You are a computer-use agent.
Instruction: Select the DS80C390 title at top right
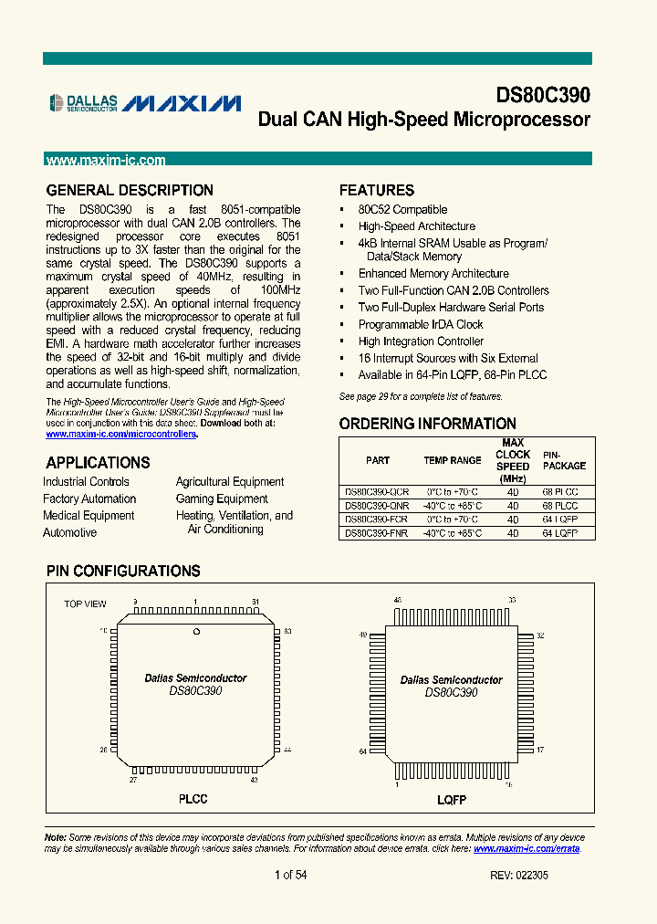tap(543, 96)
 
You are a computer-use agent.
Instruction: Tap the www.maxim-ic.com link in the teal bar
tap(106, 160)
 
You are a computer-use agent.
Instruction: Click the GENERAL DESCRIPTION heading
tap(130, 191)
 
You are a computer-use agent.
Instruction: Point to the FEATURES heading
tap(376, 191)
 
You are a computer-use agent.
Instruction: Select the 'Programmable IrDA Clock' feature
tap(421, 324)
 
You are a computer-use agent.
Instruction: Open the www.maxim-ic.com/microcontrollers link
tap(122, 434)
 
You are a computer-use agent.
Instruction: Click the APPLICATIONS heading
tap(98, 463)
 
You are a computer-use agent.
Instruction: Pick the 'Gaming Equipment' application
tap(222, 499)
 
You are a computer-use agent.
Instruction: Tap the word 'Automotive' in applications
tap(69, 532)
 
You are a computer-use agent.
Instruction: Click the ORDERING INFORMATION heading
tap(427, 424)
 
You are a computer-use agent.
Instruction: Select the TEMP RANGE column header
tap(452, 460)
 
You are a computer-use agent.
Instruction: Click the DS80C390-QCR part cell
tap(376, 491)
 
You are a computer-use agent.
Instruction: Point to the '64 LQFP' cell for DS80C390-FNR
tap(560, 532)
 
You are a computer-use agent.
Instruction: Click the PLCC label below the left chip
tap(193, 799)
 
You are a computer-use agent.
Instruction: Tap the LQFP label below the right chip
tap(451, 800)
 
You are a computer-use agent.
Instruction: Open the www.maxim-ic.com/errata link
tap(527, 848)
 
